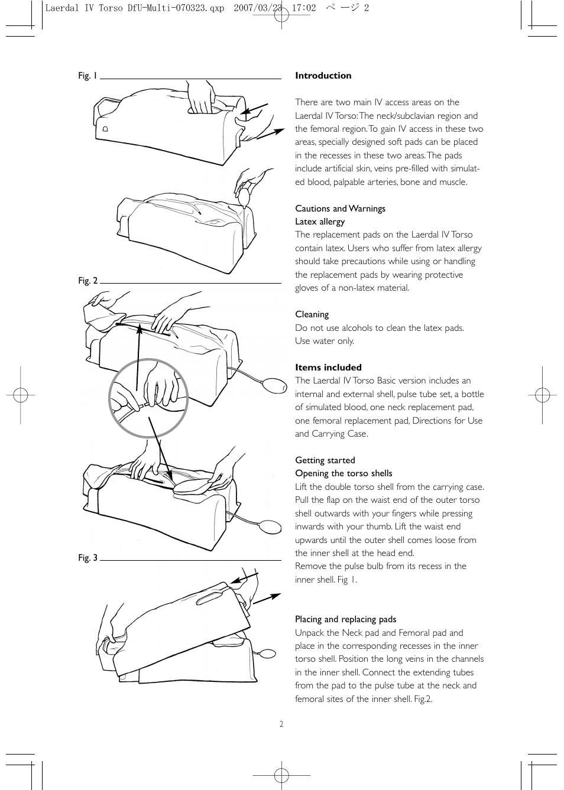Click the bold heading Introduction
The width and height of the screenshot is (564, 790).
[323, 76]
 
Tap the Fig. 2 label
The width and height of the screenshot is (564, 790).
[87, 281]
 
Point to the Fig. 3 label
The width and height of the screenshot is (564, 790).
[87, 558]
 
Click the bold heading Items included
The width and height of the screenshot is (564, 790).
[328, 367]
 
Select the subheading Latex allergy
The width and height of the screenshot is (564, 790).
[320, 222]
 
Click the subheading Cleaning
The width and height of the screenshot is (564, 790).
[312, 314]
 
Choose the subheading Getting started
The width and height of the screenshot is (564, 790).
[325, 460]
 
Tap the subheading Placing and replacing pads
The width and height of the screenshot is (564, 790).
[345, 619]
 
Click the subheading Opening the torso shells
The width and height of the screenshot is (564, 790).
[343, 473]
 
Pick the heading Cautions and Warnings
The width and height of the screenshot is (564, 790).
[340, 209]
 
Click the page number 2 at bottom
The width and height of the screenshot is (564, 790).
[281, 724]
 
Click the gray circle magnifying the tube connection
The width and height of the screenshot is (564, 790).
[148, 398]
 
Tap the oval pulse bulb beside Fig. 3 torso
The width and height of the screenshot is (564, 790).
[267, 654]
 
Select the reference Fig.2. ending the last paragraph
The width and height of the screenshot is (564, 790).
[422, 699]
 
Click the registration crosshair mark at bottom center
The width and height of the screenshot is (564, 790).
[281, 775]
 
